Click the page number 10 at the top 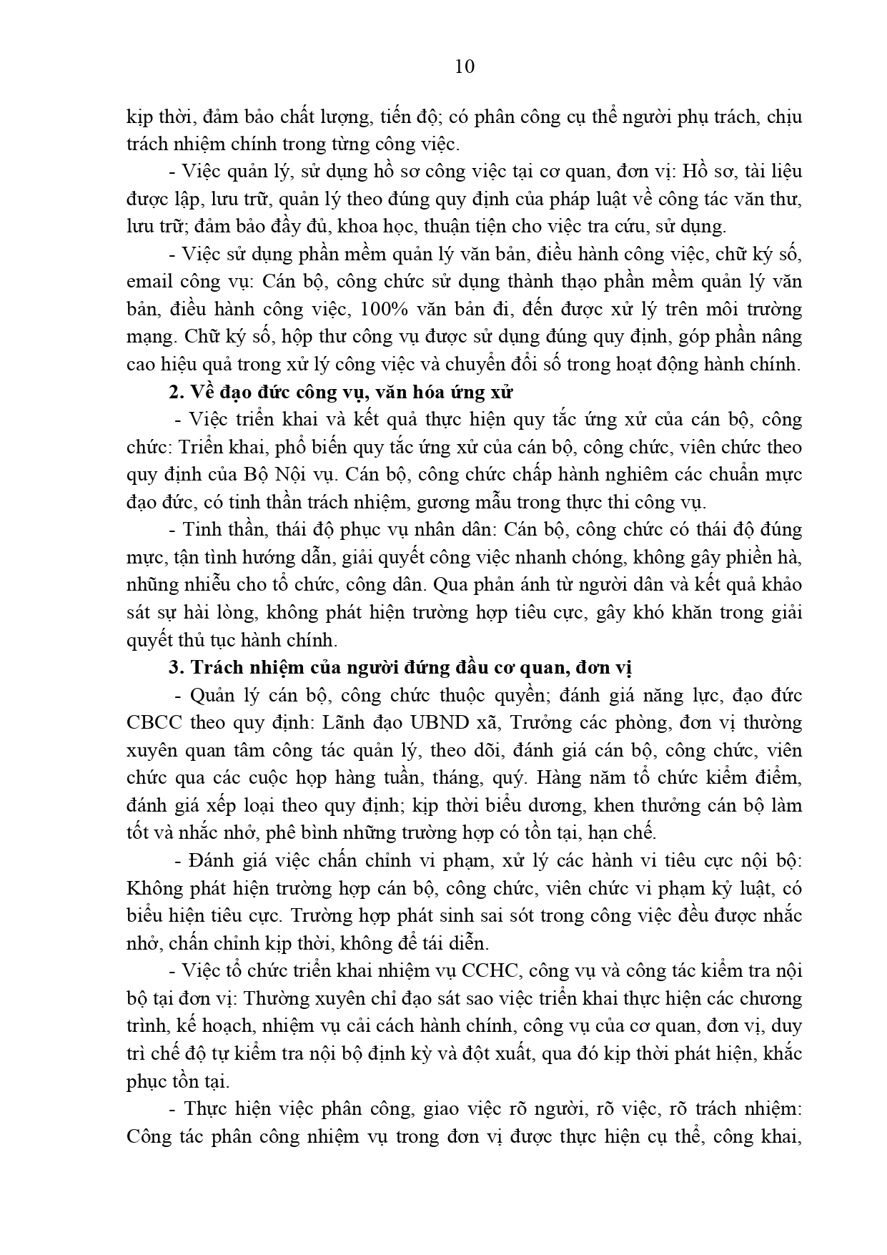coord(464,67)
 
